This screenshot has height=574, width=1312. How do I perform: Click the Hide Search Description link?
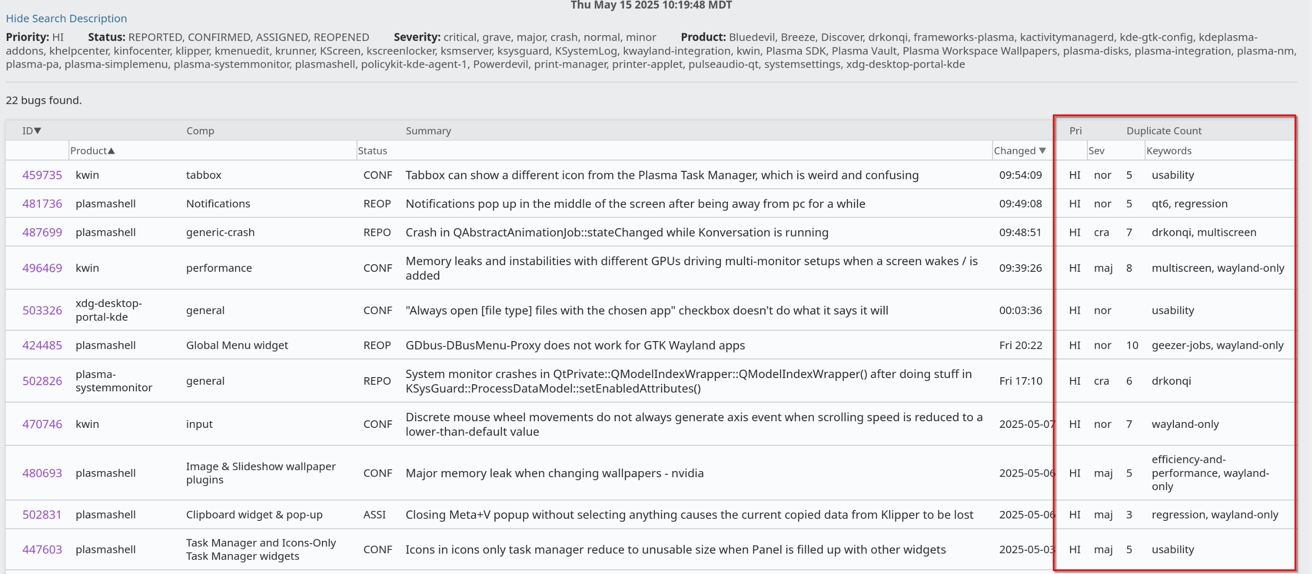pyautogui.click(x=66, y=19)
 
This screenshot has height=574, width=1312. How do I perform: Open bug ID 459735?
pyautogui.click(x=42, y=175)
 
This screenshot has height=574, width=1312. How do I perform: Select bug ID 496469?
pyautogui.click(x=42, y=268)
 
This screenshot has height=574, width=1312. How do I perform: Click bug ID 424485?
pyautogui.click(x=42, y=345)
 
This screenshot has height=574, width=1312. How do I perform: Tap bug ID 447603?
pyautogui.click(x=42, y=550)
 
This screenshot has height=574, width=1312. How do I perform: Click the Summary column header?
pyautogui.click(x=428, y=131)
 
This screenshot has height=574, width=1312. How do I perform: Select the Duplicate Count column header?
pyautogui.click(x=1163, y=131)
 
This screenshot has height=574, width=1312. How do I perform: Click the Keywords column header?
pyautogui.click(x=1169, y=151)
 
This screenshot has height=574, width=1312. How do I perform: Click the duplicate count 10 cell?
pyautogui.click(x=1132, y=345)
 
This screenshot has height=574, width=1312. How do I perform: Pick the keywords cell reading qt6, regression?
pyautogui.click(x=1189, y=204)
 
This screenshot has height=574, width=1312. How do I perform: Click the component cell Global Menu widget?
pyautogui.click(x=237, y=345)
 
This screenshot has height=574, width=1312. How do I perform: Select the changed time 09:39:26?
pyautogui.click(x=1020, y=268)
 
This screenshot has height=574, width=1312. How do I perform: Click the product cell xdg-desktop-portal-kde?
pyautogui.click(x=108, y=310)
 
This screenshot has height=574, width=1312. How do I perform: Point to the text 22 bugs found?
pyautogui.click(x=44, y=100)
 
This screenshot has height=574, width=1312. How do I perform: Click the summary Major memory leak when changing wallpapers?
pyautogui.click(x=554, y=473)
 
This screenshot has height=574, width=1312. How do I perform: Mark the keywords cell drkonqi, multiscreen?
pyautogui.click(x=1204, y=232)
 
